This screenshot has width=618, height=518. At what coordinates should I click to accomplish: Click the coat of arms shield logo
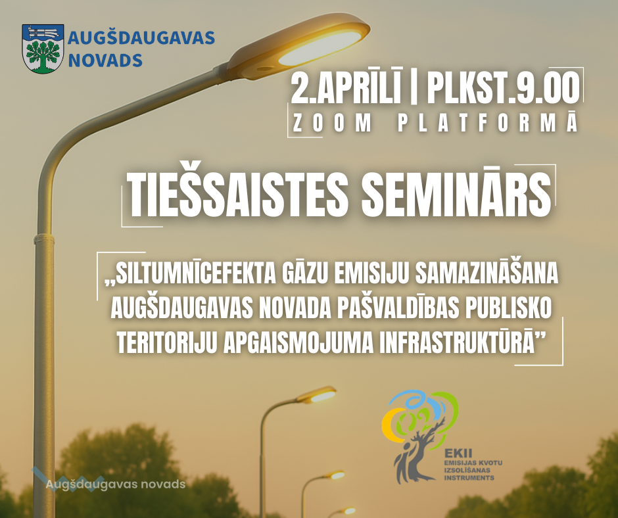(x=43, y=49)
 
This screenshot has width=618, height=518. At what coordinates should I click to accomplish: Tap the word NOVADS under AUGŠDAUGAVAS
(x=105, y=60)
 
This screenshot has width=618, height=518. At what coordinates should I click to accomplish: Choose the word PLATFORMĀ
(x=488, y=122)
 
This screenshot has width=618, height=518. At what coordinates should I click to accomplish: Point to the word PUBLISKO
(x=508, y=309)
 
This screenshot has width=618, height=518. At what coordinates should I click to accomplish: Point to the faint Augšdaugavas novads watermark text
(x=116, y=484)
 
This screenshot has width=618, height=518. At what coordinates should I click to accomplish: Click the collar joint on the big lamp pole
(x=44, y=239)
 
